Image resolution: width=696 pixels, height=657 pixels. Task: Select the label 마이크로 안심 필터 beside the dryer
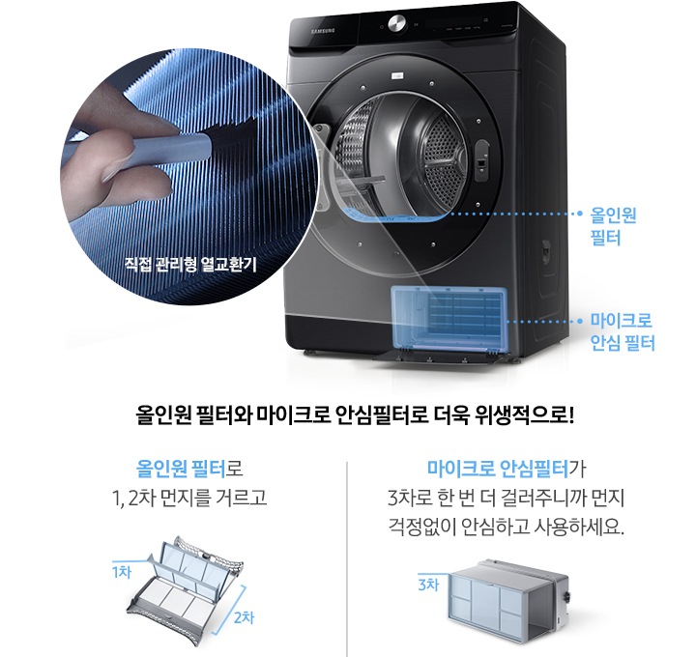[623, 330]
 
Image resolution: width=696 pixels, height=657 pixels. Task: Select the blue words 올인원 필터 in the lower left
[183, 471]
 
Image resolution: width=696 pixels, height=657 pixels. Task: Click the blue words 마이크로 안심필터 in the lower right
[497, 471]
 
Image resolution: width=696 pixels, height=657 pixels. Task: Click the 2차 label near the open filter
[244, 617]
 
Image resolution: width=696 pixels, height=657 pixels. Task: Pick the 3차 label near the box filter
[428, 585]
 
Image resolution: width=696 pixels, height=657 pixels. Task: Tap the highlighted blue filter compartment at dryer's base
[449, 320]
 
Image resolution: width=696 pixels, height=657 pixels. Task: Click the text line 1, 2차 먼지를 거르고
[183, 499]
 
